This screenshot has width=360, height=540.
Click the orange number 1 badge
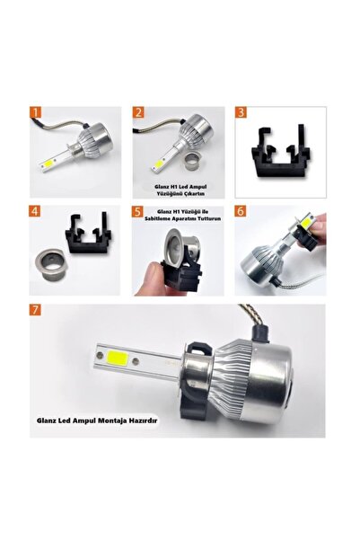tap(36, 114)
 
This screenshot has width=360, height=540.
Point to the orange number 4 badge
tap(36, 212)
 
